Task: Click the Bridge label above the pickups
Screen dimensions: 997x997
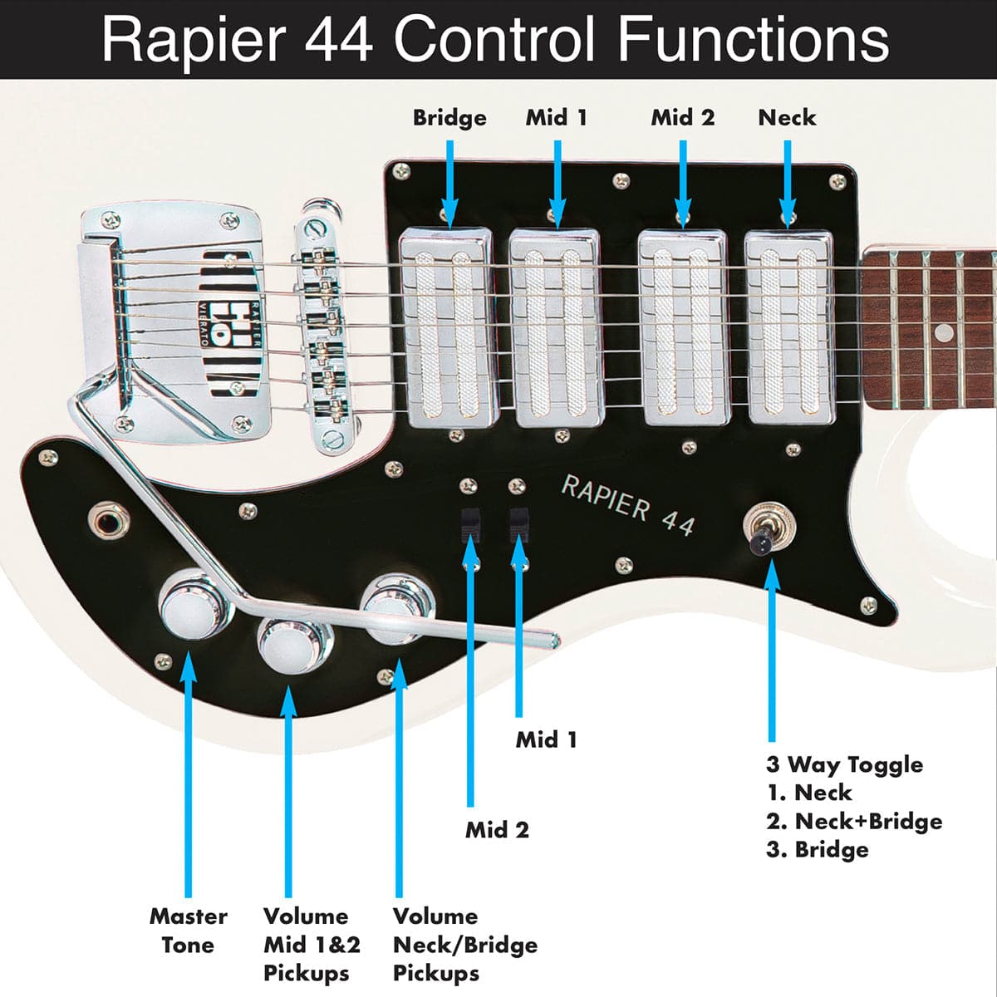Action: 449,118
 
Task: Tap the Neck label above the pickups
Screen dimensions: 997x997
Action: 787,118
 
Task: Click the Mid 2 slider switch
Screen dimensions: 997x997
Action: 471,523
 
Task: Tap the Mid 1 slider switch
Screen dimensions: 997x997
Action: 519,523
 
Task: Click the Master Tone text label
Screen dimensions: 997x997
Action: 188,931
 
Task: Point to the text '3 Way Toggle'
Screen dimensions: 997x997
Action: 844,764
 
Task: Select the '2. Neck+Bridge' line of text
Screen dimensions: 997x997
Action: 854,822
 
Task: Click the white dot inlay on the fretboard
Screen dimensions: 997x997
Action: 943,333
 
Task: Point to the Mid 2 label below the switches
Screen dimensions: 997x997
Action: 497,829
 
